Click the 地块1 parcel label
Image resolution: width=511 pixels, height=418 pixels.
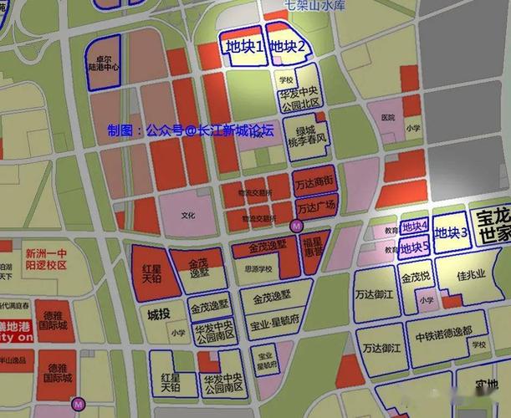click(x=243, y=47)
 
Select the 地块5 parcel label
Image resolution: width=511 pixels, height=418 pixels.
click(x=415, y=247)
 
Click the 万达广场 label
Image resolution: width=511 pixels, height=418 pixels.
click(x=316, y=206)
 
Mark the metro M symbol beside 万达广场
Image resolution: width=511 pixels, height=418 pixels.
click(x=295, y=226)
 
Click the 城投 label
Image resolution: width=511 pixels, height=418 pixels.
click(x=158, y=314)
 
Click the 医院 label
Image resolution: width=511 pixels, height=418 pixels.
click(x=386, y=118)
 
